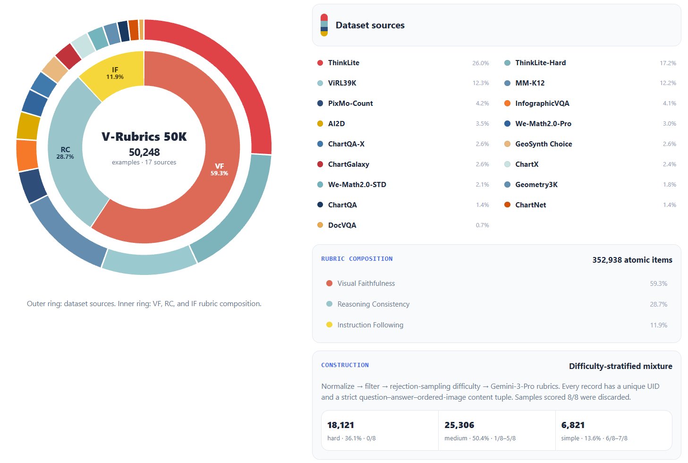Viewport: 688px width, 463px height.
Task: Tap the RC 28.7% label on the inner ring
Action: coord(65,153)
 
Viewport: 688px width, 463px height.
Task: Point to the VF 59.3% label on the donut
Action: coord(219,169)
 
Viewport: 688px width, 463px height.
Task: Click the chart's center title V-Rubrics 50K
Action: coord(144,137)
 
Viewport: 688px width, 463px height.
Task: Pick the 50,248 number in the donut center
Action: coord(144,152)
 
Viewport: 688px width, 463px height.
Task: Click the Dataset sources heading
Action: coord(370,25)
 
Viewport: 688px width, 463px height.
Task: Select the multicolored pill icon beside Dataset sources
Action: coord(324,25)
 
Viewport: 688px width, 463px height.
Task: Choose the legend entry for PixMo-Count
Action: coord(350,103)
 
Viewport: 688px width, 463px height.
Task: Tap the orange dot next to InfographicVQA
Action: coord(508,103)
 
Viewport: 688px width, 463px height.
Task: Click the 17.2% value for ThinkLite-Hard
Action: coord(668,63)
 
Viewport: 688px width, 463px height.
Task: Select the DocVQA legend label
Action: coord(342,225)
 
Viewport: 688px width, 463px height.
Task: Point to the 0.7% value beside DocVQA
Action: coord(482,225)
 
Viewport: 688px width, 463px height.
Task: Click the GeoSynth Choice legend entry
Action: coord(544,144)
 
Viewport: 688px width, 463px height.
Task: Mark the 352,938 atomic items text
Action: coord(632,260)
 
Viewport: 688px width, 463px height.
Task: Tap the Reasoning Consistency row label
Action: coord(374,304)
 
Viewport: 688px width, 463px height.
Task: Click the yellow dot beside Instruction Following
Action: coord(329,325)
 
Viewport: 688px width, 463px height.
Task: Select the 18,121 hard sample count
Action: coord(340,425)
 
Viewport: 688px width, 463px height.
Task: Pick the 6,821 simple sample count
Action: coord(573,425)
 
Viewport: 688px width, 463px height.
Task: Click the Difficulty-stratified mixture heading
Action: coord(620,366)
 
